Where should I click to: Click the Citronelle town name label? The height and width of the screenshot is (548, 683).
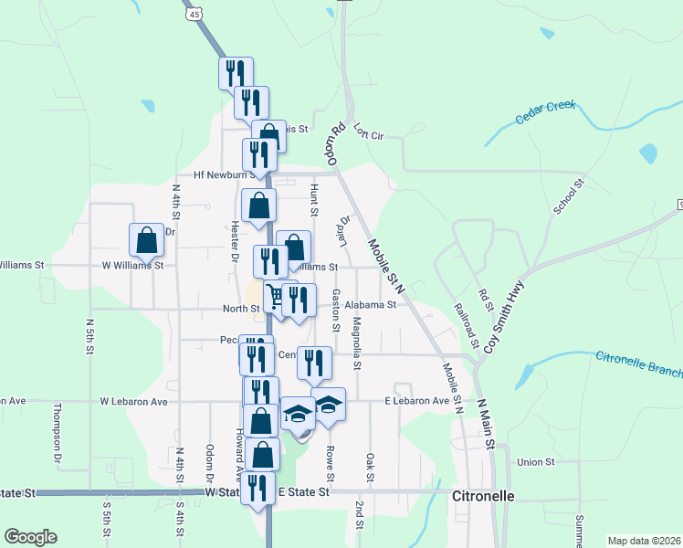(x=484, y=496)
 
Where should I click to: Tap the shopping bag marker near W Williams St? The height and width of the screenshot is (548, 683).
(x=146, y=240)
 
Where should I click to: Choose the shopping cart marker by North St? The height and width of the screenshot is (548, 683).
(x=273, y=295)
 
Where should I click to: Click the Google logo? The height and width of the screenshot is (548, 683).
(x=30, y=537)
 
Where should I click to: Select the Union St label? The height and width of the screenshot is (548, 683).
(x=536, y=462)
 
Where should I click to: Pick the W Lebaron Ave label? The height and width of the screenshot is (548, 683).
(x=134, y=401)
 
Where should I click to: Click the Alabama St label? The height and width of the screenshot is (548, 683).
(x=372, y=306)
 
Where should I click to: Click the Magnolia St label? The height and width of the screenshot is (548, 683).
(x=357, y=343)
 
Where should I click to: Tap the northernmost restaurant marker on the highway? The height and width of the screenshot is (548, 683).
(x=236, y=72)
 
